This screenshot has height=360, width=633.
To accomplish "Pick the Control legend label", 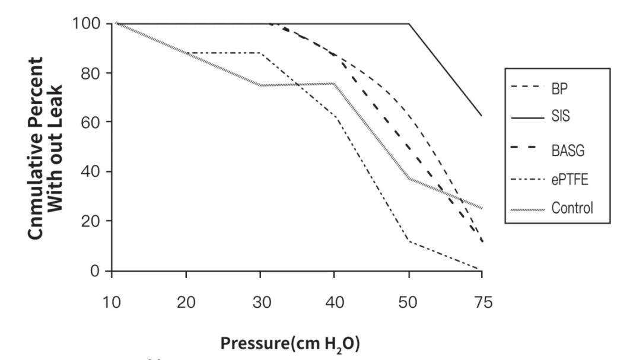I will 572,208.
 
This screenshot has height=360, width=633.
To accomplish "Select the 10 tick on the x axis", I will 112,302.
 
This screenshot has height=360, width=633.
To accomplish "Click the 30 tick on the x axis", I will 260,302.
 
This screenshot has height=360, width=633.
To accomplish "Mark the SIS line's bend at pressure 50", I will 409,24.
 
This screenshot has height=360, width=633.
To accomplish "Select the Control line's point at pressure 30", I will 260,85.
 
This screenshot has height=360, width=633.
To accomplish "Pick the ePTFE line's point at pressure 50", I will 409,240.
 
